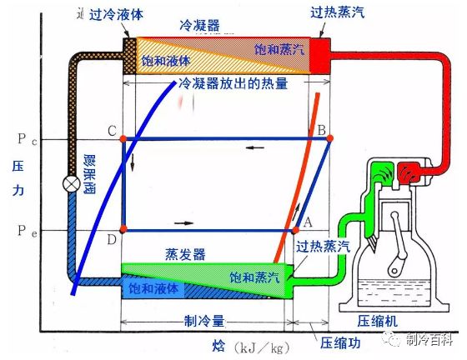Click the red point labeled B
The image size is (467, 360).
tap(331, 137)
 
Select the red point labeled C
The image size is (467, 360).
tap(123, 137)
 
